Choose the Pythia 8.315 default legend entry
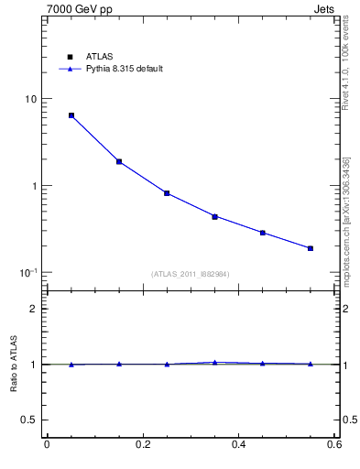[117, 69]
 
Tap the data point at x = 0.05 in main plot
[71, 115]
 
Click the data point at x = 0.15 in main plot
[119, 161]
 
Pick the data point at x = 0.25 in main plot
[167, 193]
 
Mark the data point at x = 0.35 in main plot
[214, 217]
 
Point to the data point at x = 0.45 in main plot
[262, 233]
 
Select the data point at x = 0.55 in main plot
[311, 248]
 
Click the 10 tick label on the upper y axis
[30, 99]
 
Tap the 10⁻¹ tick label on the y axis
[28, 272]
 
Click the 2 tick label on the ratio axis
[34, 309]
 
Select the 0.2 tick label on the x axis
[142, 444]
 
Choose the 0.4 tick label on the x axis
[238, 444]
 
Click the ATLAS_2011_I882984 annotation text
[191, 274]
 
